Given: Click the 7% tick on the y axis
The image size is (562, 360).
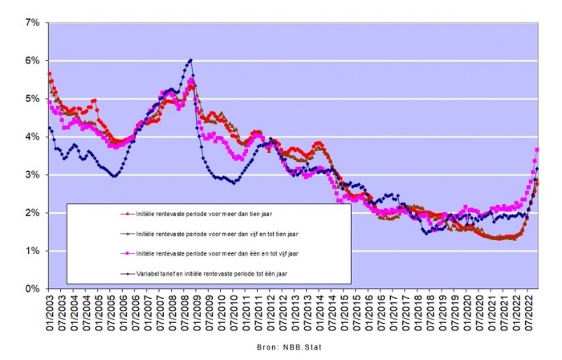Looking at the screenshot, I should tap(33, 22).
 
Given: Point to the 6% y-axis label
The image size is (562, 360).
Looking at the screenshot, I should tap(33, 60).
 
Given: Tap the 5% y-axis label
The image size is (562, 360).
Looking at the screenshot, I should tap(33, 99).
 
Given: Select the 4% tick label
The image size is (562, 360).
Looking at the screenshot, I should tap(33, 137).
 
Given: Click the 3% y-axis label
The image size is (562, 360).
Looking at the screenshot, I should tap(33, 174).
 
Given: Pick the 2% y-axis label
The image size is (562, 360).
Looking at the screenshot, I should tap(33, 213).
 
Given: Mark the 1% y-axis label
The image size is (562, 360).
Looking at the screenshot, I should tap(33, 251).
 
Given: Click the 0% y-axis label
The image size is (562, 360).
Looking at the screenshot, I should tap(33, 288).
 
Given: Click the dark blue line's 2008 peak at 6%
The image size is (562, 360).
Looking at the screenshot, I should tap(190, 60).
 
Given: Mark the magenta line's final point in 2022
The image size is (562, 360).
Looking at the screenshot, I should tap(537, 150).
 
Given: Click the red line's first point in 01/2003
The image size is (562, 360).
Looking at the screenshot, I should tap(49, 74).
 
